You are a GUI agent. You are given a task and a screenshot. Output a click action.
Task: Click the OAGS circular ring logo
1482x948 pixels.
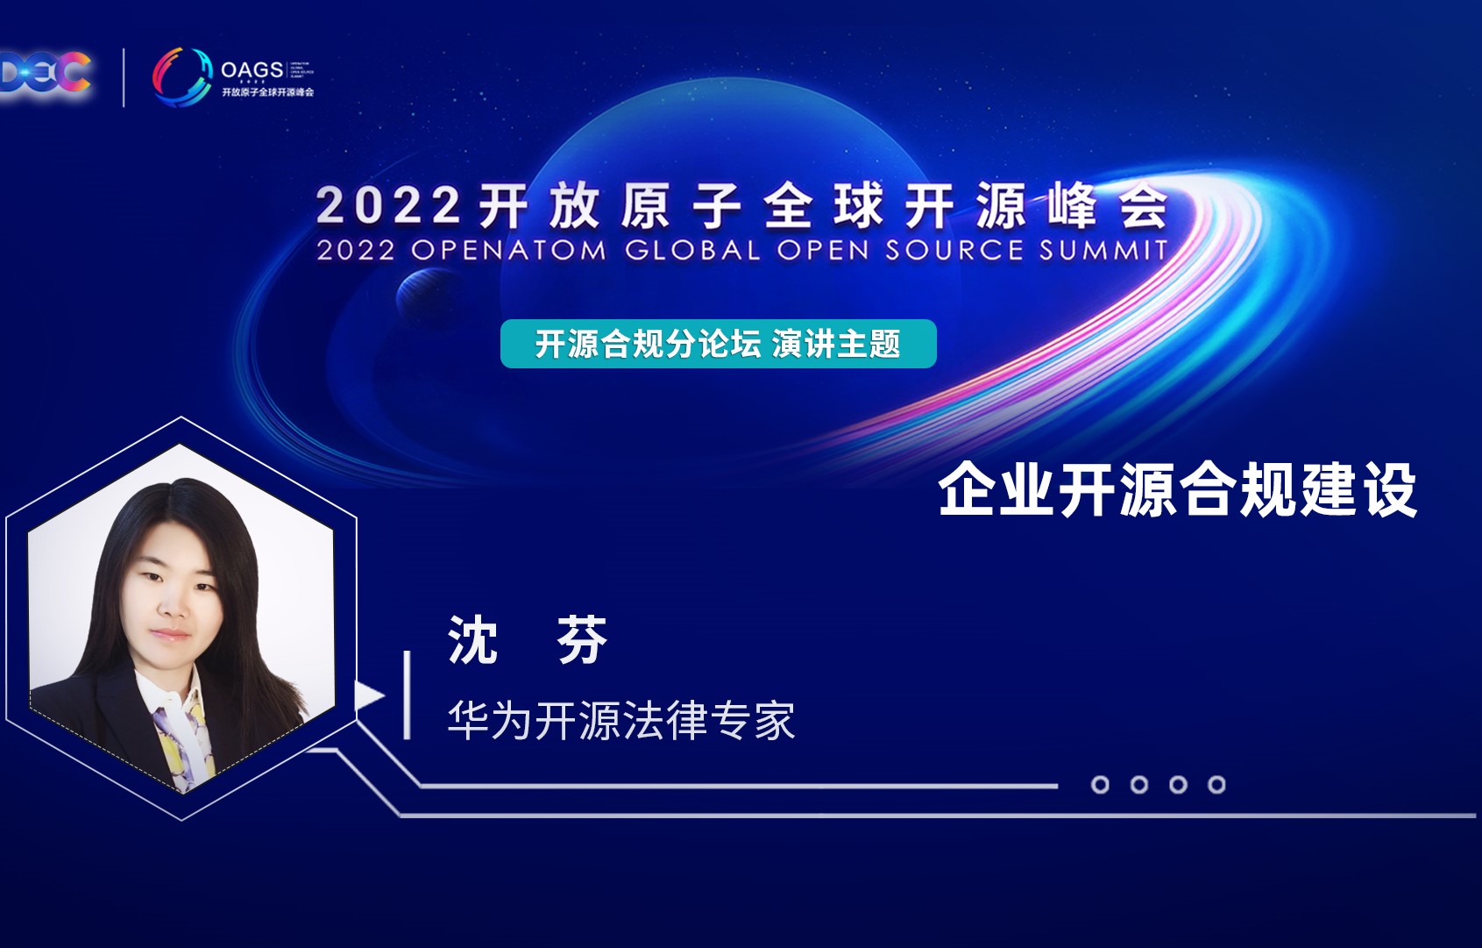click(x=182, y=75)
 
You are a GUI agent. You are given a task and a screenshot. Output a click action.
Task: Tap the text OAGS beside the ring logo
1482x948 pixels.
click(x=252, y=69)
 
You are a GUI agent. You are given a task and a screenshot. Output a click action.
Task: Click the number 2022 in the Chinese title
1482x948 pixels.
click(x=387, y=207)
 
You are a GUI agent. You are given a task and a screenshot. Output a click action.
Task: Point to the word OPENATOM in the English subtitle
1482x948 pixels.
click(x=508, y=251)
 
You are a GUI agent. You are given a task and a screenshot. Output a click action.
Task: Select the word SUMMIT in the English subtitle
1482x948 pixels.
click(x=1103, y=251)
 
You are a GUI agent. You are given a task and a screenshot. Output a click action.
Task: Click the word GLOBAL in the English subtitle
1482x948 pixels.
click(x=692, y=251)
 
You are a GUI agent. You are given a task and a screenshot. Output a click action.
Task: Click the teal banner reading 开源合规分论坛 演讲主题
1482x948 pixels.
click(x=718, y=344)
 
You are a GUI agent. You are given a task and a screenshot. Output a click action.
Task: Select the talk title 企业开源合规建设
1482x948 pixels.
click(x=1178, y=490)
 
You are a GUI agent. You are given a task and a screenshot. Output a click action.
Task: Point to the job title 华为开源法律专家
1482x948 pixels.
click(x=620, y=721)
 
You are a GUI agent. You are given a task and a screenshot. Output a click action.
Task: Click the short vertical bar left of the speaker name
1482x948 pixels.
click(x=408, y=695)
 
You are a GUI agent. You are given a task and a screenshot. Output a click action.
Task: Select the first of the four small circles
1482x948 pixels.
click(x=1100, y=785)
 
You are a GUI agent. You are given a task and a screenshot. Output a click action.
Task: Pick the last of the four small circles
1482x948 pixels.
click(x=1216, y=785)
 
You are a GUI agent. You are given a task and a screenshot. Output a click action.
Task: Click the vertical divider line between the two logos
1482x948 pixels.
click(x=124, y=77)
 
